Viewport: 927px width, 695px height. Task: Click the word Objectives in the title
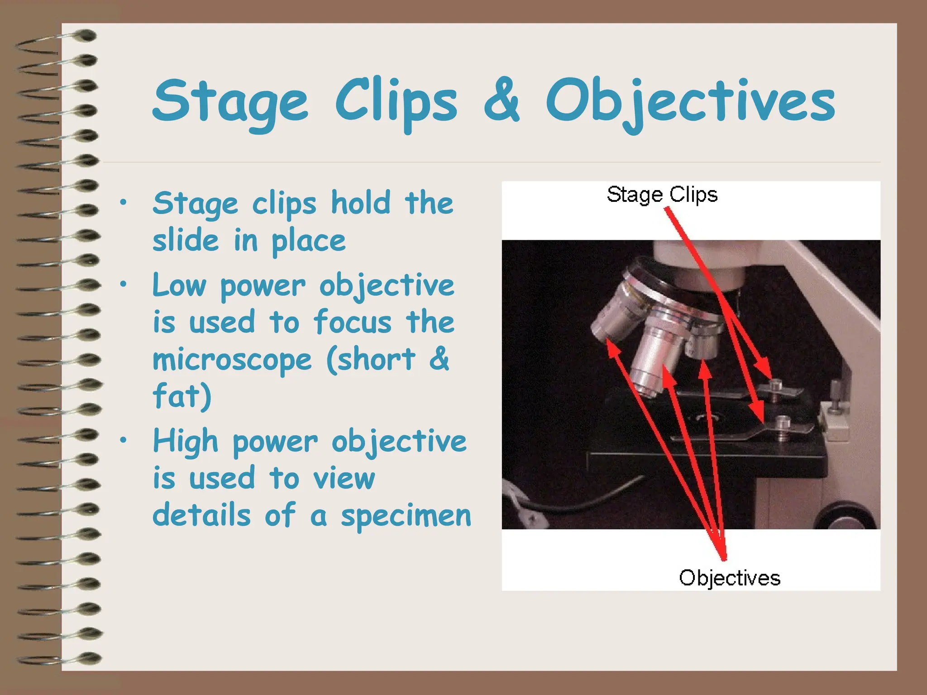(690, 102)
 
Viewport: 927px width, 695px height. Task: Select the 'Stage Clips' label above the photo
(662, 195)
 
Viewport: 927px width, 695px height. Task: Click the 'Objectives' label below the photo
(729, 578)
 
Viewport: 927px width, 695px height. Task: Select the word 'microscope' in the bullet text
(232, 360)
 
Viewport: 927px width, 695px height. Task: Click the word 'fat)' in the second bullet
(182, 396)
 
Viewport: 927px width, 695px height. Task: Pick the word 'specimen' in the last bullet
(406, 516)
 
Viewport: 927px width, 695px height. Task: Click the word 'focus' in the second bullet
(353, 322)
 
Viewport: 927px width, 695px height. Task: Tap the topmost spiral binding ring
(84, 35)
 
